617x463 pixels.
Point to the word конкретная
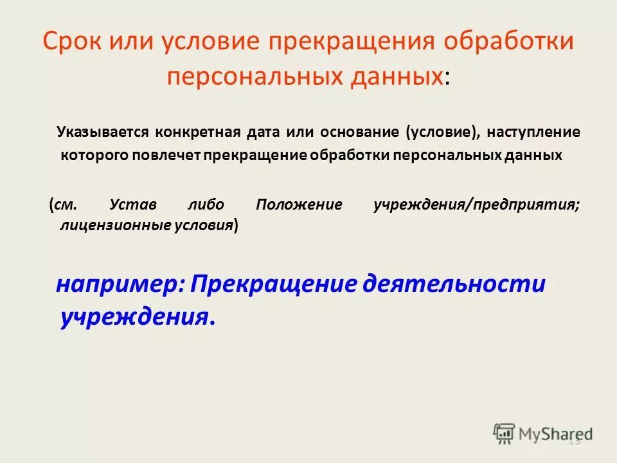[190, 132]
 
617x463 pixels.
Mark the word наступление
[541, 132]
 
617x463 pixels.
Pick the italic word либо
[206, 205]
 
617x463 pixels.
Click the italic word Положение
[299, 205]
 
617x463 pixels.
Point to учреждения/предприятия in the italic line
[476, 205]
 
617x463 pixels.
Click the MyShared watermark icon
[505, 434]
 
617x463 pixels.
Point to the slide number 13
[574, 440]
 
